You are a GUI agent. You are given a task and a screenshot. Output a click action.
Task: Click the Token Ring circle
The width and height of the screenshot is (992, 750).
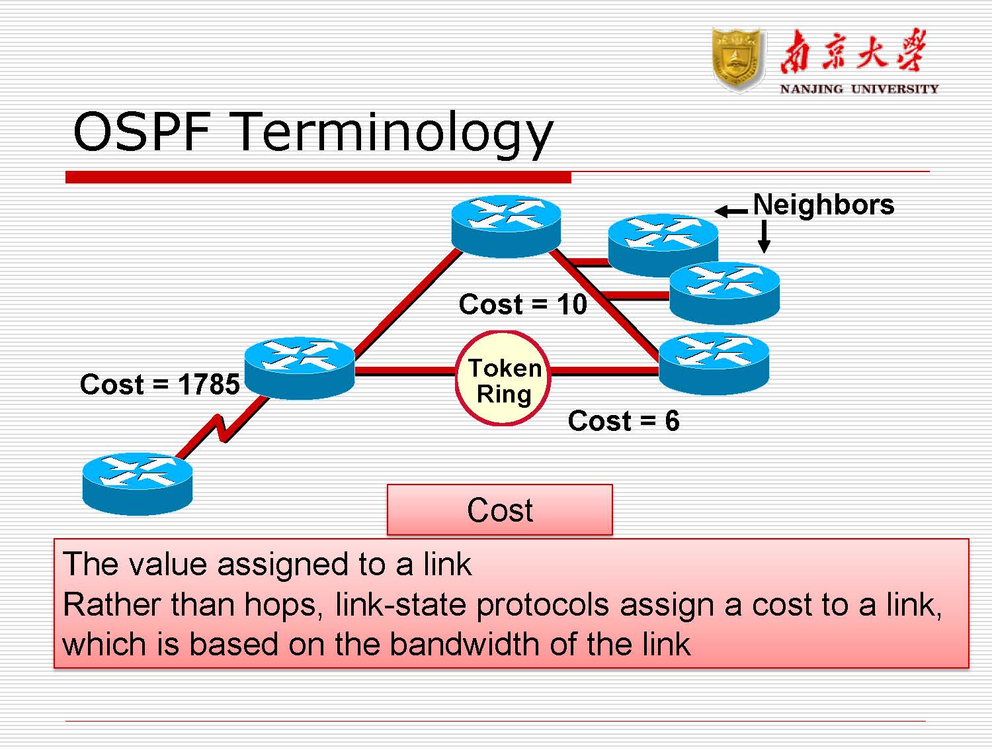pyautogui.click(x=503, y=379)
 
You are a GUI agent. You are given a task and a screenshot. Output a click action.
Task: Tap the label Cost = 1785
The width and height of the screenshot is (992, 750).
pyautogui.click(x=159, y=385)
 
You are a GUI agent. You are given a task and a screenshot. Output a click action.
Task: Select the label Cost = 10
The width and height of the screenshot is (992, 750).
pyautogui.click(x=522, y=305)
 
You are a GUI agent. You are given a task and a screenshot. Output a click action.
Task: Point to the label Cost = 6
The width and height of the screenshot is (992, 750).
pyautogui.click(x=623, y=421)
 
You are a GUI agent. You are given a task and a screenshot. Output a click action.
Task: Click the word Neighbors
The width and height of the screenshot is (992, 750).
pyautogui.click(x=823, y=205)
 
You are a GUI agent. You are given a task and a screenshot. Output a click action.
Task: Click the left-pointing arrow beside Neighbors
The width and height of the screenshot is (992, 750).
pyautogui.click(x=731, y=212)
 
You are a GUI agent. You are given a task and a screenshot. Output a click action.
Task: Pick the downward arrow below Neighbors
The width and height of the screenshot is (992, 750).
pyautogui.click(x=764, y=236)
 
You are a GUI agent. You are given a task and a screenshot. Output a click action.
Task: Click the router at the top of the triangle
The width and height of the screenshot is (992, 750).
pyautogui.click(x=506, y=225)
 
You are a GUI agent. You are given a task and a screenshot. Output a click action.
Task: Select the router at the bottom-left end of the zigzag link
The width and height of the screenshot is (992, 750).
pyautogui.click(x=138, y=483)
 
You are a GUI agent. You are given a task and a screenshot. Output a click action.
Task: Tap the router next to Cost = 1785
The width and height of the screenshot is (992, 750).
pyautogui.click(x=300, y=367)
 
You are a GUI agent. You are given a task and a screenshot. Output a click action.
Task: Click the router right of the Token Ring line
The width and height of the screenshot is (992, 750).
pyautogui.click(x=714, y=363)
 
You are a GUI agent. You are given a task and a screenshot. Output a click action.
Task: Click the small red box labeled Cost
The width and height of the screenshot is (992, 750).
pyautogui.click(x=499, y=510)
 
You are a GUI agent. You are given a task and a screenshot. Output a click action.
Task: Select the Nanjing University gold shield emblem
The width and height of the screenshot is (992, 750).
pyautogui.click(x=738, y=60)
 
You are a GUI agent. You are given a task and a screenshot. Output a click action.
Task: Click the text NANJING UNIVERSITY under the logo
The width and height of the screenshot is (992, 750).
pyautogui.click(x=858, y=89)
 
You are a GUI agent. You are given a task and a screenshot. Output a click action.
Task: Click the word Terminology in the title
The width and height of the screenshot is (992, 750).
pyautogui.click(x=393, y=132)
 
